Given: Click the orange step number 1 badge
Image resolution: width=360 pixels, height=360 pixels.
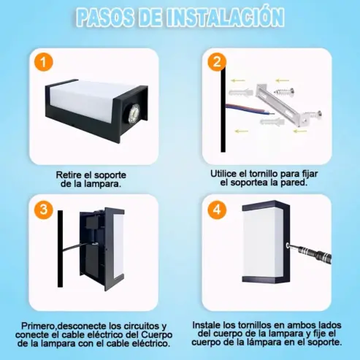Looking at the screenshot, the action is (44, 62).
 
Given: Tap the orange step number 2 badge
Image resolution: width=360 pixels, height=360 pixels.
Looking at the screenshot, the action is (217, 62).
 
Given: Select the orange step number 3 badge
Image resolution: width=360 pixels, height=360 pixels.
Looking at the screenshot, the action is (44, 210).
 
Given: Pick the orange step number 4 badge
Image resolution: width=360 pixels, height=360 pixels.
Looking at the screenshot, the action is (217, 210).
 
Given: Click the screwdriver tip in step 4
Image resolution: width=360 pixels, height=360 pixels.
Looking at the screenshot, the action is (288, 245).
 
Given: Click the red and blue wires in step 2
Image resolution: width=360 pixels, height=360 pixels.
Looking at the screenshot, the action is (249, 109).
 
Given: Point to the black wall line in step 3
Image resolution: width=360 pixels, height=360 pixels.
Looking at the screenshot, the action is (60, 249).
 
